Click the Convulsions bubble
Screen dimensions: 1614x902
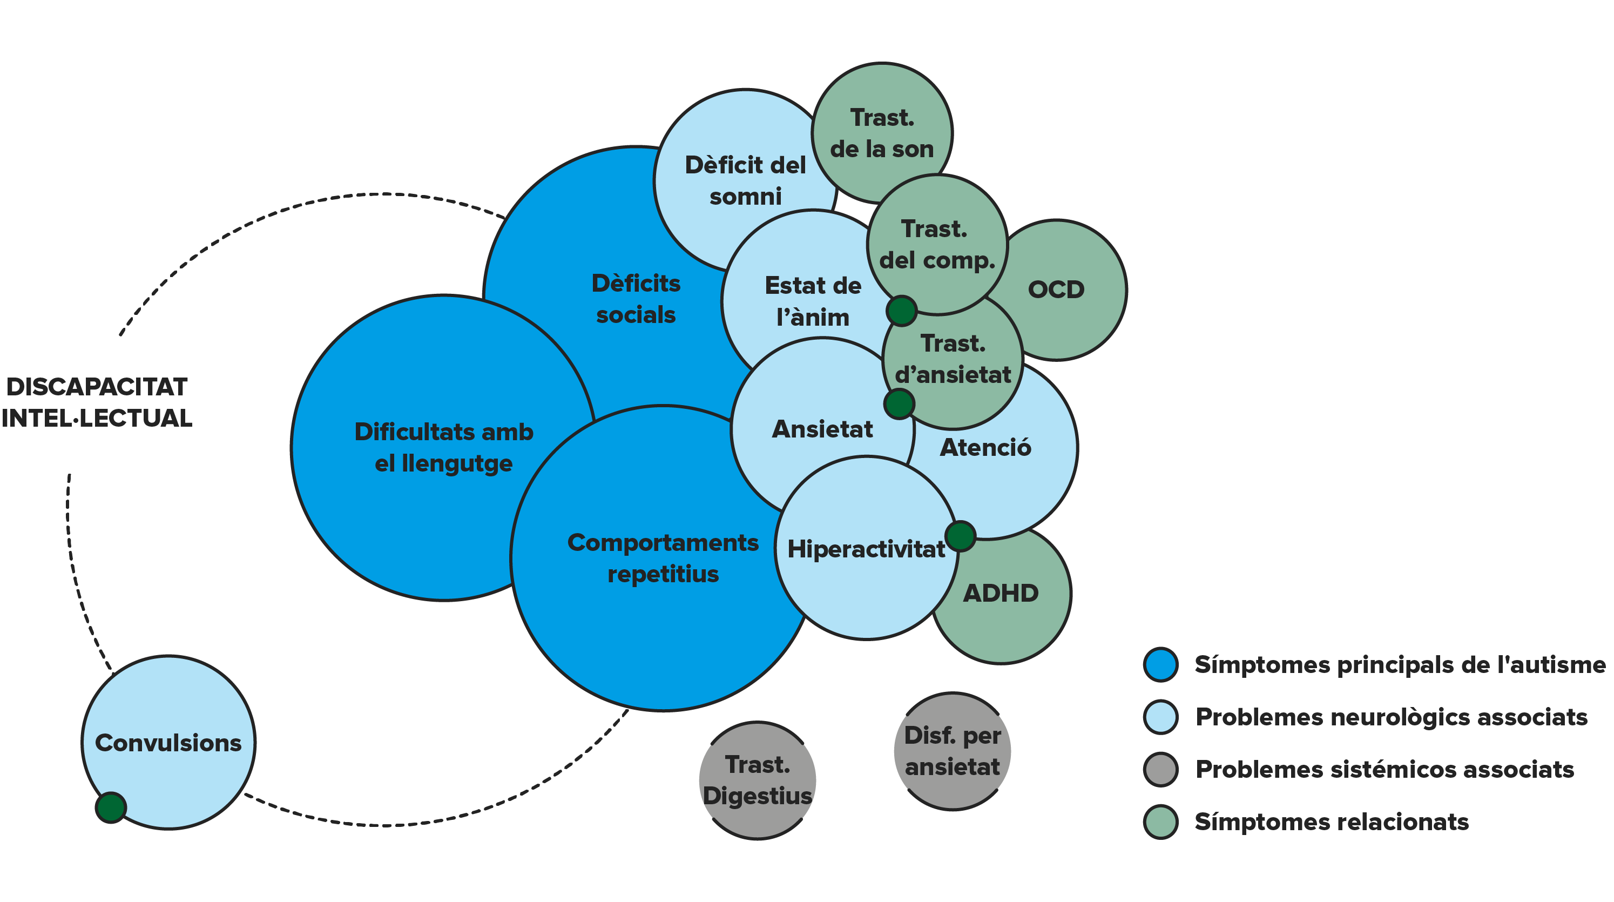pos(168,743)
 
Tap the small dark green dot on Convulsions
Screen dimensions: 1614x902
pos(111,807)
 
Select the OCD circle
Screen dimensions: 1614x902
pos(1057,290)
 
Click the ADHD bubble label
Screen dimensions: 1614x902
pos(1001,593)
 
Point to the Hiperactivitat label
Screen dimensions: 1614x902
pos(866,549)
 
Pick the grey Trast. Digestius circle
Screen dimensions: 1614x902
pos(758,780)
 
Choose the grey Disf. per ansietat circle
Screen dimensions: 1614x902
pos(953,751)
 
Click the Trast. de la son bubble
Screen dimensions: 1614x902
pos(882,133)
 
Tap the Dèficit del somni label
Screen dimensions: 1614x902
pos(746,180)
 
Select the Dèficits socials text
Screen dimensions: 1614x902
pos(636,299)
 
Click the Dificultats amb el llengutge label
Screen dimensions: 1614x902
pos(444,448)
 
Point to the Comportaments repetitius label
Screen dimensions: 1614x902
pos(663,558)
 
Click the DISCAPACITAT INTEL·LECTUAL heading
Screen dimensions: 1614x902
pos(97,402)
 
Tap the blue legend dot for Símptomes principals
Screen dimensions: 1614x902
pos(1160,664)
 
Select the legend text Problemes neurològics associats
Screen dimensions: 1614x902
pos(1392,717)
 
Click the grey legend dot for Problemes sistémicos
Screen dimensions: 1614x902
pos(1160,769)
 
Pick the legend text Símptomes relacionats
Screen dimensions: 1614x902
pos(1332,821)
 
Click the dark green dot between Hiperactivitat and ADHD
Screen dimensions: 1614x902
pos(961,536)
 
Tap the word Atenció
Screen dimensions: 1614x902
pos(985,448)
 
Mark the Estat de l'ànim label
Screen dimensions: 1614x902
pos(813,301)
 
